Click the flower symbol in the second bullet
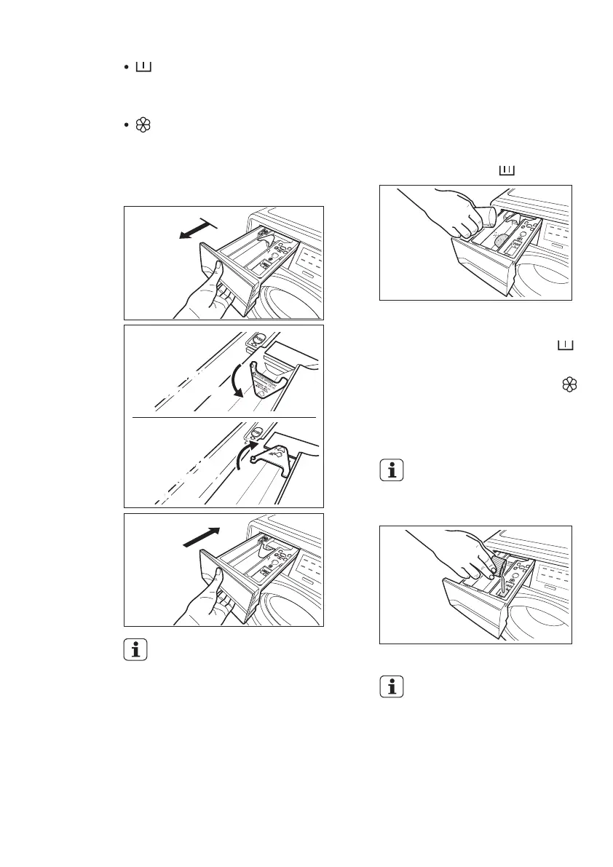143,125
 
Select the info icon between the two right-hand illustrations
391,471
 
